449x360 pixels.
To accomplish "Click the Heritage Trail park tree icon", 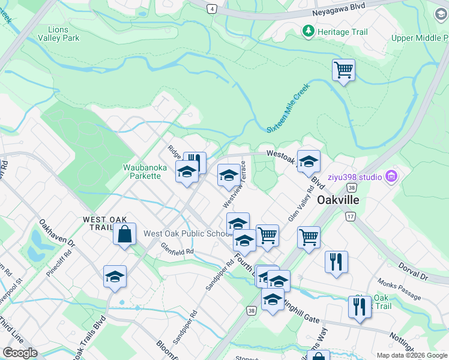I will (309, 31).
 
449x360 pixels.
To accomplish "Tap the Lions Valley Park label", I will (58, 34).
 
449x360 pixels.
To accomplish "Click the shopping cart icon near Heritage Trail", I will (343, 70).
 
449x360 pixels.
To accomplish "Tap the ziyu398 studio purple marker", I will (391, 176).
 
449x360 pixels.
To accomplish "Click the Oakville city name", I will (337, 199).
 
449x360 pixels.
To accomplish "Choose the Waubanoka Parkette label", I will (142, 172).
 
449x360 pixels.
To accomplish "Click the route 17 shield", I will (351, 216).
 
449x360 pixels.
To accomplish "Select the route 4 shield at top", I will (211, 9).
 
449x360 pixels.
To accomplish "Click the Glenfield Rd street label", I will (178, 248).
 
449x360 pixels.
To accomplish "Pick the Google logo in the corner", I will (20, 353).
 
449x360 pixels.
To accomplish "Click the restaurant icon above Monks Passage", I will (336, 262).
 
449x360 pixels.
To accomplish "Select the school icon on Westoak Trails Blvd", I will (309, 161).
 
